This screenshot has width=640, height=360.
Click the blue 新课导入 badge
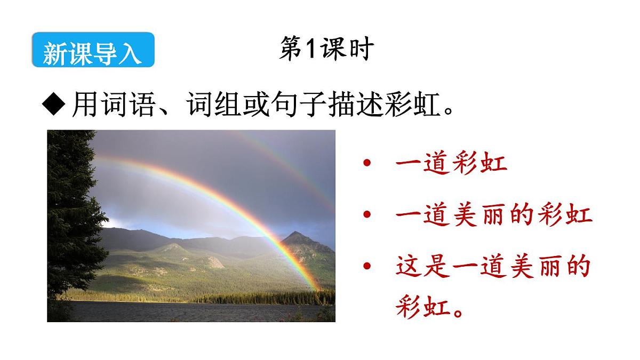click(x=93, y=51)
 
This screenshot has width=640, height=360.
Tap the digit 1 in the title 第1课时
click(x=310, y=50)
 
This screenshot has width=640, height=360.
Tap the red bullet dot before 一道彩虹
click(x=366, y=163)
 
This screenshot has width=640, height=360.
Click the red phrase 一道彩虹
click(x=451, y=163)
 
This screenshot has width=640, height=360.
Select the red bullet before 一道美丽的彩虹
click(x=366, y=215)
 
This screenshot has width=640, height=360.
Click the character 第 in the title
click(x=291, y=50)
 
